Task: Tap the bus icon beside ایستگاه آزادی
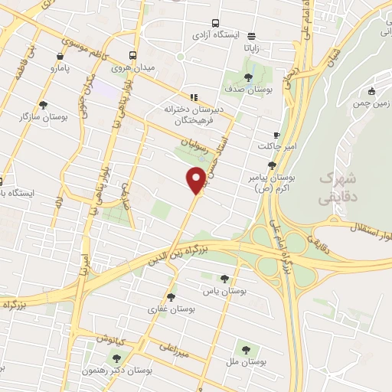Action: tap(215, 24)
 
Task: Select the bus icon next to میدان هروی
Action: tap(133, 55)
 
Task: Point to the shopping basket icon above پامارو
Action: tap(60, 56)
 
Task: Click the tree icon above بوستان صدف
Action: tap(247, 77)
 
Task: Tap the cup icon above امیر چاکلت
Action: tap(276, 135)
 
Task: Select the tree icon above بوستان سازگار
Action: tap(43, 105)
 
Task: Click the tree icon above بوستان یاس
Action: tap(224, 279)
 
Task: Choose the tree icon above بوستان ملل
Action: tap(246, 349)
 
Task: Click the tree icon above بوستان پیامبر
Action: tap(272, 165)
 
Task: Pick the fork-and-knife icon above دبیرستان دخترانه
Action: tap(194, 97)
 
